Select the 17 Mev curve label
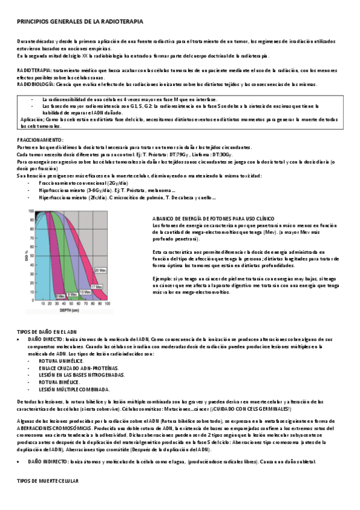(96, 287)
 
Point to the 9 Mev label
(72, 294)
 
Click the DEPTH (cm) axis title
(71, 312)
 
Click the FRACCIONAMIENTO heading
(40, 140)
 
